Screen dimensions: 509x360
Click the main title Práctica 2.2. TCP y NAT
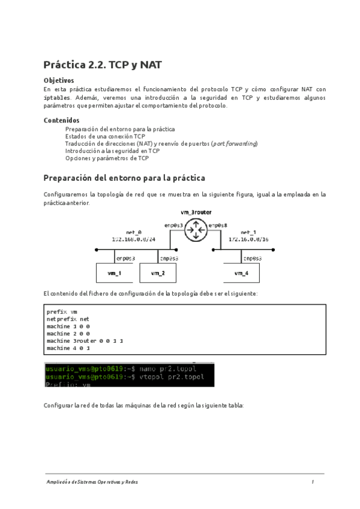pos(102,65)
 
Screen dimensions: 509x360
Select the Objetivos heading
pos(59,80)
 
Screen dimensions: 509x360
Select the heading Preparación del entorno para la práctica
pos(125,178)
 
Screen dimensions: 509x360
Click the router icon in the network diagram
pos(195,229)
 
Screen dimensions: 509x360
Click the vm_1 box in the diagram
pos(114,273)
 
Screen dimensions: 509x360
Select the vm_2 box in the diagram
pos(157,273)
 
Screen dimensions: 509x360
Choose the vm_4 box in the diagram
pos(241,273)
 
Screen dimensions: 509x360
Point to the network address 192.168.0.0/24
pos(133,238)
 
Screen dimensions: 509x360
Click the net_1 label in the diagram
pos(248,232)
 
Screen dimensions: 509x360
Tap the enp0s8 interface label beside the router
pos(217,225)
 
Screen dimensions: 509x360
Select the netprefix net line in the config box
pos(67,319)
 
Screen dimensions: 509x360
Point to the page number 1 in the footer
pos(313,482)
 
